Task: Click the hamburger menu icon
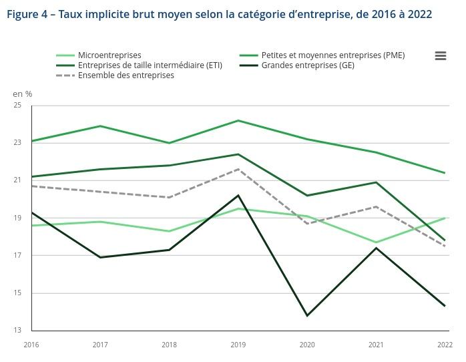coord(440,56)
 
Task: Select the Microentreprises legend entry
coord(109,55)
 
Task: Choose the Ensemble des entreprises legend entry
coord(126,75)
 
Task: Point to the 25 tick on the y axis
coord(17,106)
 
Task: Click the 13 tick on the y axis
coord(17,331)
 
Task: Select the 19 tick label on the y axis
coord(17,218)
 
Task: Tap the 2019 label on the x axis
coord(238,345)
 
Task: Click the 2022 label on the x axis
coord(445,345)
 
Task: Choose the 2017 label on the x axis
coord(100,345)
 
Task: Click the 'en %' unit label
coord(23,94)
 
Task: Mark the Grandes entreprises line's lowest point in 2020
coord(307,315)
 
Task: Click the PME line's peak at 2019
coord(238,120)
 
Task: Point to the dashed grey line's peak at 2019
coord(238,169)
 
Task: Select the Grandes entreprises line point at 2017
coord(100,257)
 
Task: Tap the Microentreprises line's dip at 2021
coord(376,242)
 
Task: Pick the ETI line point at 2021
coord(376,182)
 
